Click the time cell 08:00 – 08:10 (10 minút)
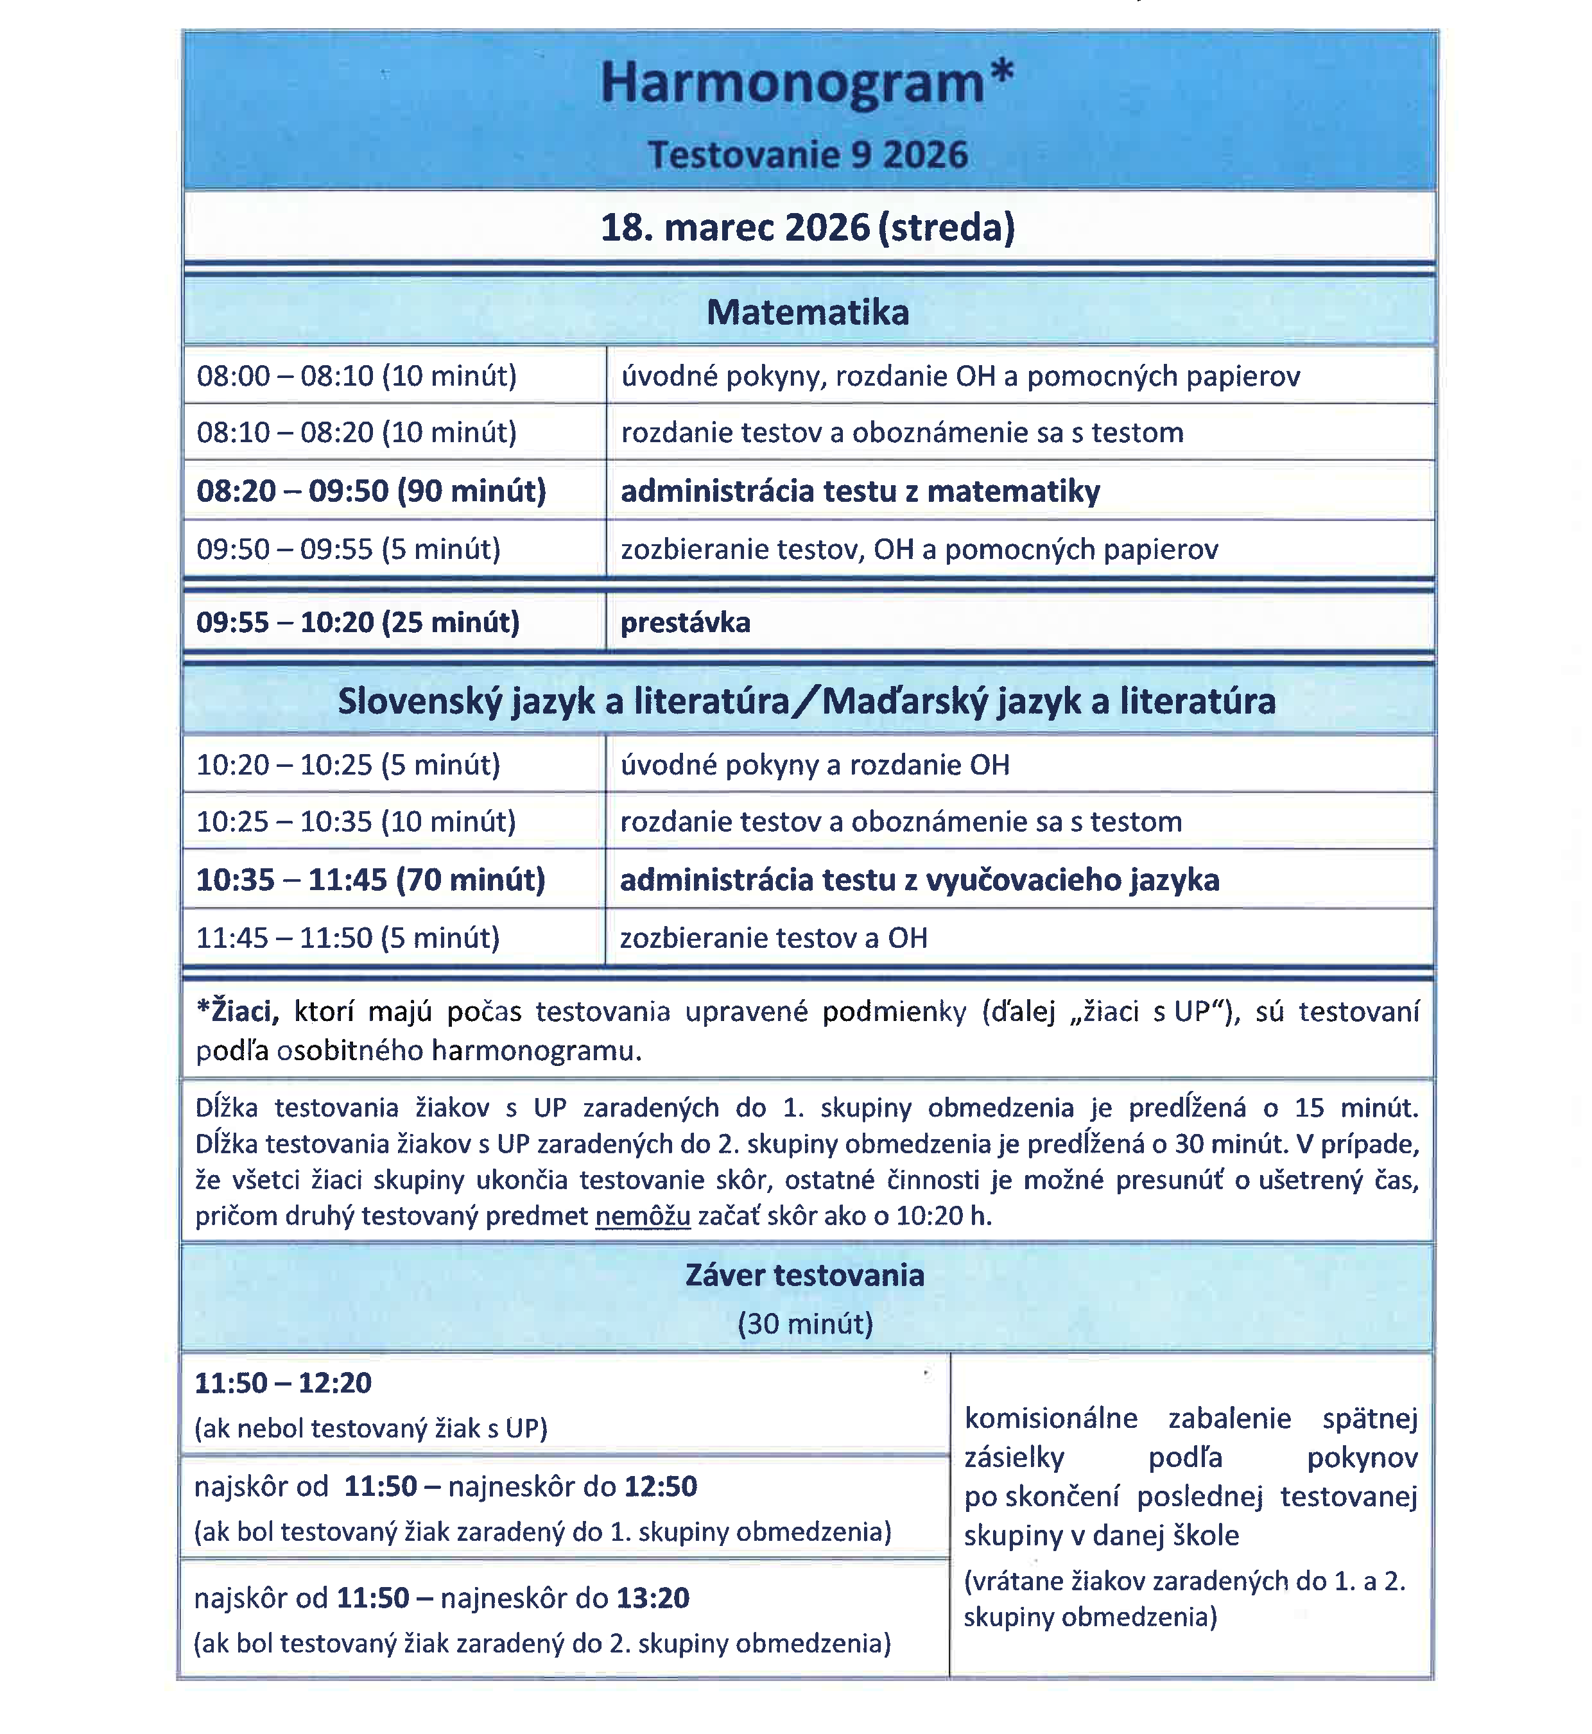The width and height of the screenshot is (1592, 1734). click(357, 377)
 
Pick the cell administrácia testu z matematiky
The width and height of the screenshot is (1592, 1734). click(860, 492)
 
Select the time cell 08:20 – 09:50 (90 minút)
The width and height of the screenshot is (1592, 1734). click(371, 492)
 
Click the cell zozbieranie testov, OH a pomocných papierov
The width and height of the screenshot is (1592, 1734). click(919, 549)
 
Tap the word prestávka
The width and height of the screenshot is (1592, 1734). click(685, 622)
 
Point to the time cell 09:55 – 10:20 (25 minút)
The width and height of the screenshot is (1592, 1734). click(358, 622)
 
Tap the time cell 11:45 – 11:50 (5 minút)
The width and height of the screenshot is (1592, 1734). click(348, 938)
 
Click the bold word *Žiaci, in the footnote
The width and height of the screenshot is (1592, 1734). click(238, 1011)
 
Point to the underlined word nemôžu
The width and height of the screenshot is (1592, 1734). click(643, 1216)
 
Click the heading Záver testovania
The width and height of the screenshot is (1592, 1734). click(804, 1276)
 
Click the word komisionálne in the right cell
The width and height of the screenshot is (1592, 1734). click(1051, 1419)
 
